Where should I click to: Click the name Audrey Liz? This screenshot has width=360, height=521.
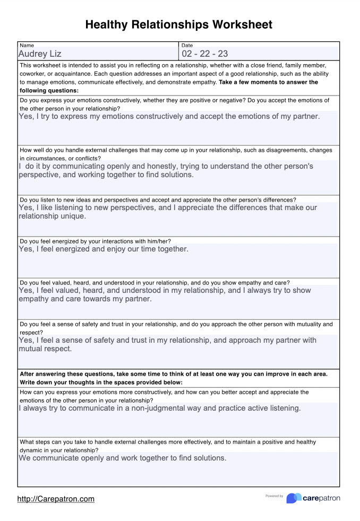(x=40, y=54)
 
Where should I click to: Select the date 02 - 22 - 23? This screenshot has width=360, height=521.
(x=204, y=54)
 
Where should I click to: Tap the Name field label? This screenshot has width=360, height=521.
(x=27, y=46)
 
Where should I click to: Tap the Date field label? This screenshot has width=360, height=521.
(x=187, y=46)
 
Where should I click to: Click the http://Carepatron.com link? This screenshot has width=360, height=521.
(x=56, y=499)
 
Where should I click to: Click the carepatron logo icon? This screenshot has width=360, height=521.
(x=294, y=498)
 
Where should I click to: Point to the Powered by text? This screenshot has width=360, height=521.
(x=274, y=496)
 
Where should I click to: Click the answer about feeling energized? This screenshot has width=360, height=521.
(x=104, y=249)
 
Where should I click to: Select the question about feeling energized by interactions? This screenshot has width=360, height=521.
(x=96, y=241)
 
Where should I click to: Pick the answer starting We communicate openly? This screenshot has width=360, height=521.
(x=123, y=458)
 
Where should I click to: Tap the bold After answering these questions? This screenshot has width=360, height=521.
(x=69, y=374)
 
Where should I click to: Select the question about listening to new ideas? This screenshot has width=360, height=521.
(x=158, y=199)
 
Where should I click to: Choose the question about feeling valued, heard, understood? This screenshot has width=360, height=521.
(x=155, y=282)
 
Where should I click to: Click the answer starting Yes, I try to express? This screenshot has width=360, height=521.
(x=169, y=116)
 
